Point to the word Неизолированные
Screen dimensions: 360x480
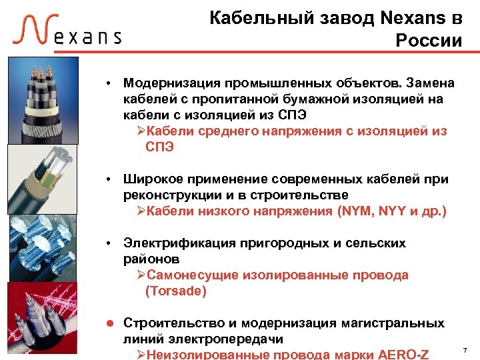[207, 353]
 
